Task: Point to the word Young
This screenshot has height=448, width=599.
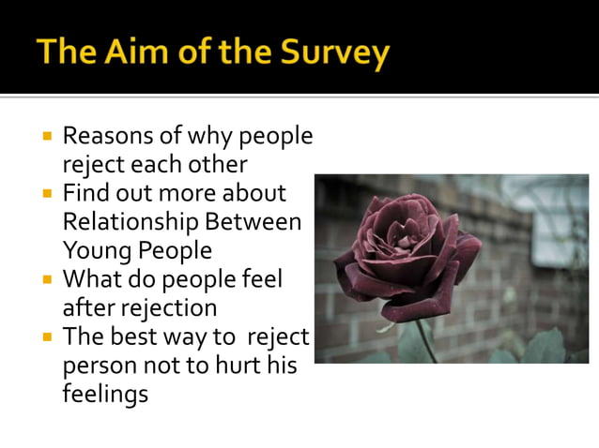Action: pos(95,250)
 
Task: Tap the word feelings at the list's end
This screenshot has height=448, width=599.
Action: pos(105,394)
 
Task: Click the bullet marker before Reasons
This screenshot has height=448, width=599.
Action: pos(47,137)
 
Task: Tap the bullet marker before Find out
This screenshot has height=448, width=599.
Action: pos(47,194)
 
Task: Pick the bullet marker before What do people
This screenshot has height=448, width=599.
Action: pos(47,279)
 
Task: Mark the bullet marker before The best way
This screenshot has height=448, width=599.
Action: pos(47,336)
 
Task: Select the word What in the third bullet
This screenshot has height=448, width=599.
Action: pos(91,279)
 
